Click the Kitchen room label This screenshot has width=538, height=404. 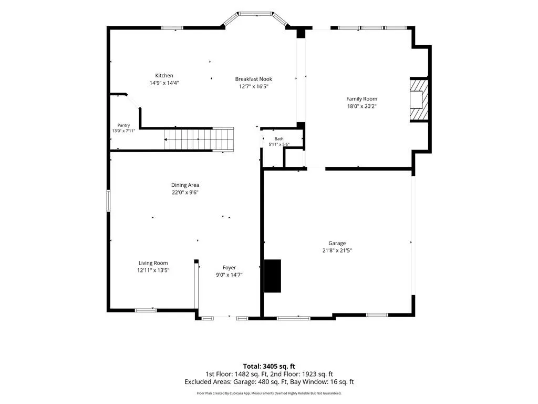tap(164, 76)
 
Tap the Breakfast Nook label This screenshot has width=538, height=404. tap(254, 79)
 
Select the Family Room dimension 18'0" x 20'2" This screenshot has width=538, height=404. tap(361, 106)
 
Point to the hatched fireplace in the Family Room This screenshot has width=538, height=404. tap(419, 99)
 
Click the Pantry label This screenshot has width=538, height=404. tap(123, 125)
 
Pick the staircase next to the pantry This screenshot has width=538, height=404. tap(199, 139)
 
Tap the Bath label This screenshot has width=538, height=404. tap(279, 139)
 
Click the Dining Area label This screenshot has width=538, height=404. tap(185, 185)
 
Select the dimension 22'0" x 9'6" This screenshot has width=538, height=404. tap(185, 193)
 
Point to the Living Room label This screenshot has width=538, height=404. tap(153, 263)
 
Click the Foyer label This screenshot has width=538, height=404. tap(229, 268)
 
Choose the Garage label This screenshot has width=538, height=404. tap(337, 243)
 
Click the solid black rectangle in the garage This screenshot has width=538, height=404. tap(273, 276)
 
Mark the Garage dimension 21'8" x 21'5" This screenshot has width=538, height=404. tap(337, 250)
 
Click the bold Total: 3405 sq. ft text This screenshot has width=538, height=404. tap(269, 366)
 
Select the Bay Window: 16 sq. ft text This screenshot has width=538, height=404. tap(322, 382)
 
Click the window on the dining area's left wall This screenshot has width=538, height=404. tap(108, 201)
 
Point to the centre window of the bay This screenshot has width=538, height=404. tap(256, 14)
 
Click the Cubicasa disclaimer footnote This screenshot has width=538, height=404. tap(269, 393)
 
